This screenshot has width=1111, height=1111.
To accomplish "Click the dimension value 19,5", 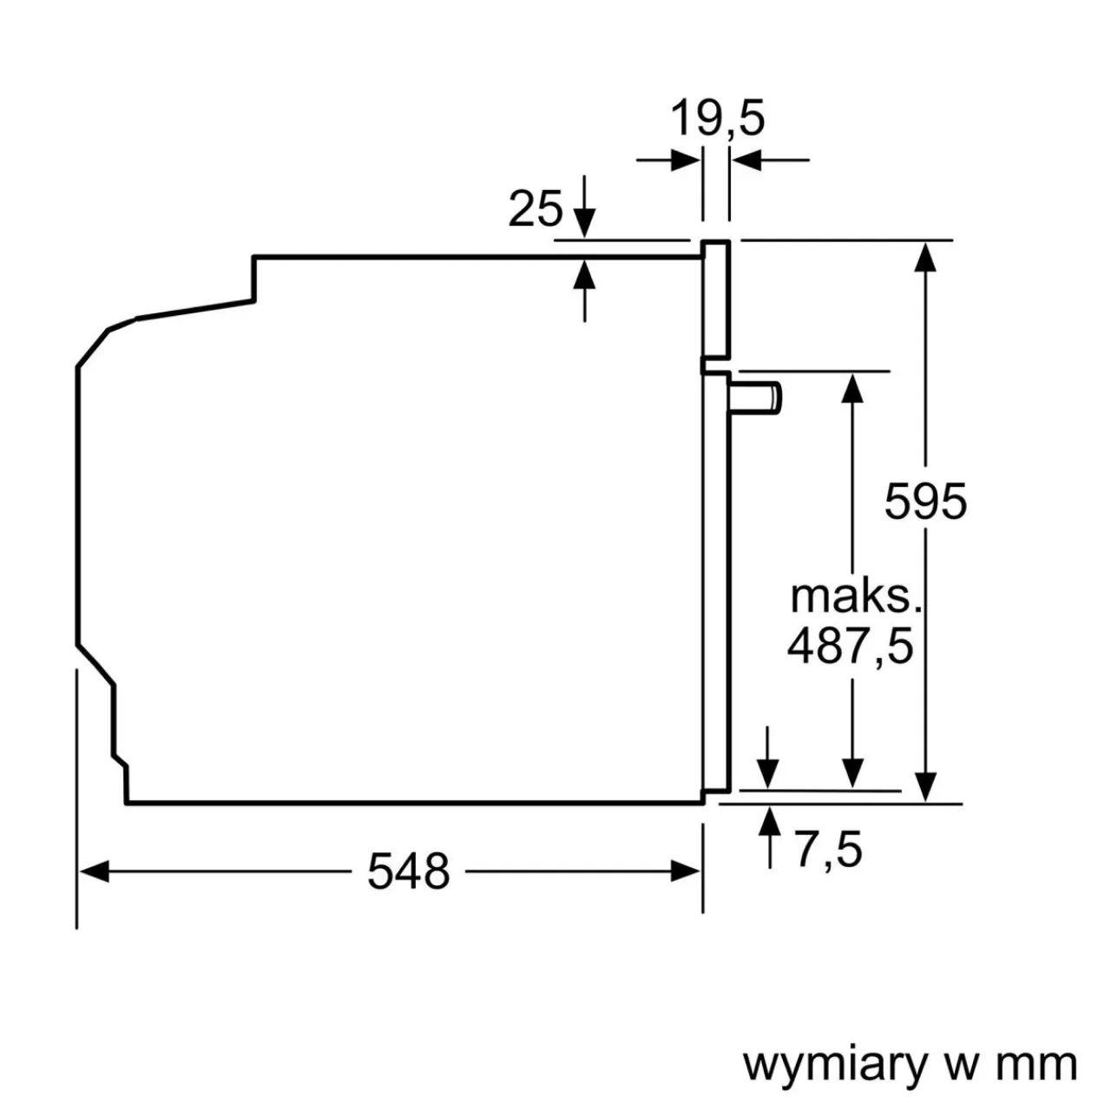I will point(717,119).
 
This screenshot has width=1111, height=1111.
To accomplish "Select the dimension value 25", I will point(536,209).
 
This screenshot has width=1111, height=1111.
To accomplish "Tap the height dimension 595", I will point(925,502).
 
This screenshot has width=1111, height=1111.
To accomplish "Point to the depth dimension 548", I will point(408,871).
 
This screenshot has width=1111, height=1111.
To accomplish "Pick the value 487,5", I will point(851,646).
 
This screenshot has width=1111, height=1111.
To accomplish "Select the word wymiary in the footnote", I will point(832,1063).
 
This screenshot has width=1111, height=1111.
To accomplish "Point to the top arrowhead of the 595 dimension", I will point(926,256).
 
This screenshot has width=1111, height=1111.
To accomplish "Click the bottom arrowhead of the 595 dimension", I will point(926,786).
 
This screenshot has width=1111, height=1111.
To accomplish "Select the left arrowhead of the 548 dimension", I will point(94,871).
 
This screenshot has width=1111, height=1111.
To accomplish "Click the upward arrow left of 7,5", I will point(769,820).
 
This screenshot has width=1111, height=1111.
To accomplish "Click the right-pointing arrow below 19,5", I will point(686,160).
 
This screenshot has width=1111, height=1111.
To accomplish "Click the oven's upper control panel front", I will point(716,299).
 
